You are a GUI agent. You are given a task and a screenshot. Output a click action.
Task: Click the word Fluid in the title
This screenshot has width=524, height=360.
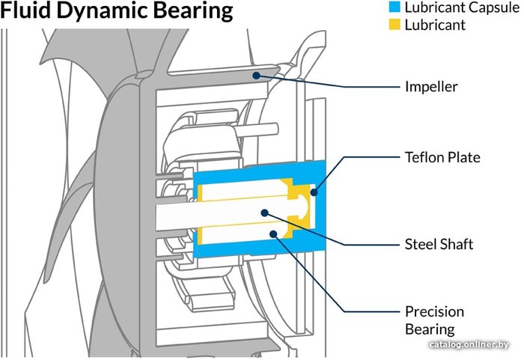point(29,12)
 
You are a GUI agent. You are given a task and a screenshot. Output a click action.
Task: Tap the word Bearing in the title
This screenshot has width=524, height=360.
point(193,12)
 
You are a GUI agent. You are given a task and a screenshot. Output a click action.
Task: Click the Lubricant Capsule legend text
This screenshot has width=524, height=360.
point(456,7)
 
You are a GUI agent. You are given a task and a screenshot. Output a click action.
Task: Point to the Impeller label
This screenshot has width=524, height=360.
point(430,86)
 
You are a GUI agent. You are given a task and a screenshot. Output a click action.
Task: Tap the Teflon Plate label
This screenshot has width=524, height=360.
point(442,158)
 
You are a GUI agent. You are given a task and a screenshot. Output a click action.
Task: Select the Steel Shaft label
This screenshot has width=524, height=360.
point(439,244)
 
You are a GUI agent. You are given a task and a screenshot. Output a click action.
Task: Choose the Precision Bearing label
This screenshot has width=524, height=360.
point(434,320)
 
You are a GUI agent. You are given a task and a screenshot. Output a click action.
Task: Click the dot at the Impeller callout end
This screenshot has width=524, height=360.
point(257,73)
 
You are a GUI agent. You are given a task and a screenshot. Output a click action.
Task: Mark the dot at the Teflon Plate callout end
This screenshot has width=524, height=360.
point(314,192)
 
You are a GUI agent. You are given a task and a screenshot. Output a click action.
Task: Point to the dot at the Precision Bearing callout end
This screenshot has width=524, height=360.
point(276,234)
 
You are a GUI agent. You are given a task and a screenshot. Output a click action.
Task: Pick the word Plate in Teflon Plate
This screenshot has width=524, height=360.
point(463,158)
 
